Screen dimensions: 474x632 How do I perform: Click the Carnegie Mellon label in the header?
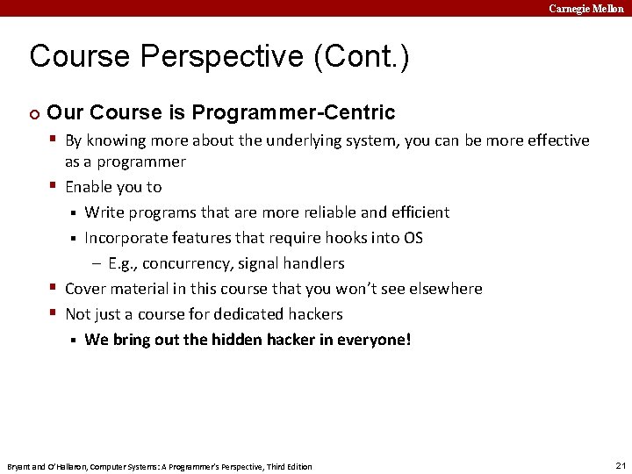[x=585, y=8]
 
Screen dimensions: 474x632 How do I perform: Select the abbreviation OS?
[x=413, y=238]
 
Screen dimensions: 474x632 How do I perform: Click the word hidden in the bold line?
[x=236, y=340]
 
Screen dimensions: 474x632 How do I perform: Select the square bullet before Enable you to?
[x=54, y=186]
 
